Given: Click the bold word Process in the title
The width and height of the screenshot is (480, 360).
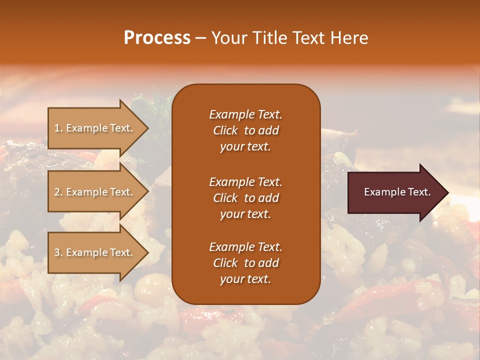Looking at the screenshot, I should pyautogui.click(x=157, y=38).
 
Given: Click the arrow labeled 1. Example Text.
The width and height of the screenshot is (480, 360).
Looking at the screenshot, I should pyautogui.click(x=93, y=128).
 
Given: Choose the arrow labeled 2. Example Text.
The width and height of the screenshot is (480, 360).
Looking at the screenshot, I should pyautogui.click(x=93, y=192).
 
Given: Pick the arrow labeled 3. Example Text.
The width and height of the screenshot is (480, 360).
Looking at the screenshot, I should pyautogui.click(x=93, y=252).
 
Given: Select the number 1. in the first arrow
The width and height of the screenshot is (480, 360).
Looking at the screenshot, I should pyautogui.click(x=58, y=128).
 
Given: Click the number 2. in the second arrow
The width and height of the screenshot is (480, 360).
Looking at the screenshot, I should pyautogui.click(x=58, y=192).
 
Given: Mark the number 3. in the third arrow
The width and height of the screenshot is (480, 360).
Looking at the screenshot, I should pyautogui.click(x=58, y=252).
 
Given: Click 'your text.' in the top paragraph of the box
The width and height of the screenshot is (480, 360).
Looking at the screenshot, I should pyautogui.click(x=245, y=146).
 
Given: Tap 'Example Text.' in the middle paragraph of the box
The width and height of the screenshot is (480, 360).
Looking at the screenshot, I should pyautogui.click(x=245, y=182).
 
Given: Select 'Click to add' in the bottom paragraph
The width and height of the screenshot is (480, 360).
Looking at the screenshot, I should pyautogui.click(x=245, y=263).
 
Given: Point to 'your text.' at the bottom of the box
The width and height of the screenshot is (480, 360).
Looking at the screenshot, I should pyautogui.click(x=245, y=279).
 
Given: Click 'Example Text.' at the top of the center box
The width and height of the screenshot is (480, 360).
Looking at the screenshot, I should pyautogui.click(x=245, y=114).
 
